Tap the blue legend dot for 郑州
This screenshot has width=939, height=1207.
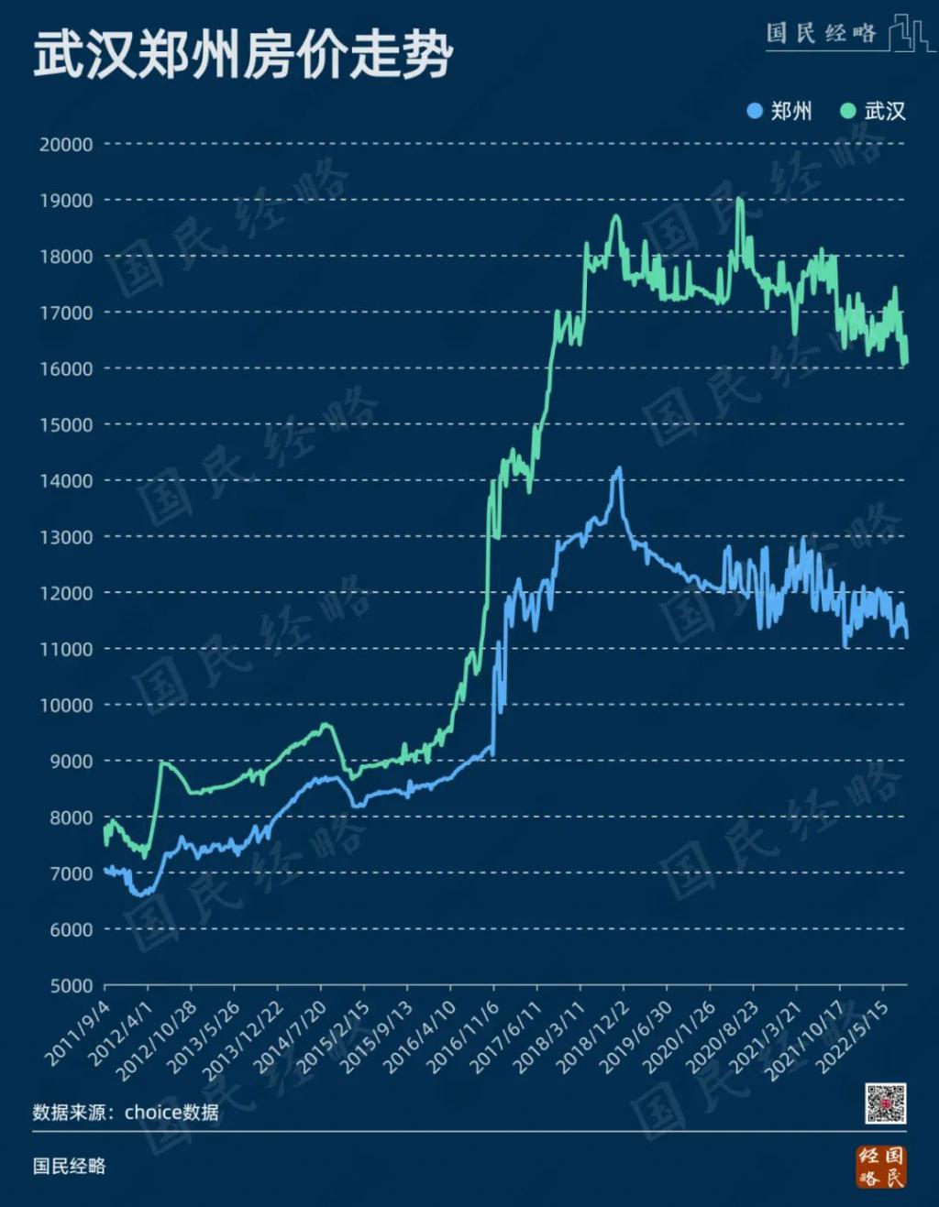point(755,112)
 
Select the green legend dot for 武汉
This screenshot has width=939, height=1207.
point(848,112)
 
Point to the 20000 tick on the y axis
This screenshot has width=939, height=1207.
point(66,145)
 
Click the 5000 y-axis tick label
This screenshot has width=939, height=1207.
point(71,986)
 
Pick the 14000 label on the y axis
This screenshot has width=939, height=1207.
point(66,481)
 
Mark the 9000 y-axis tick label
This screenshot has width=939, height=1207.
point(71,762)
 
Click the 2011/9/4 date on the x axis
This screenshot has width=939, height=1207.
point(77,1032)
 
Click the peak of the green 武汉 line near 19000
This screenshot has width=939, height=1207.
point(739,199)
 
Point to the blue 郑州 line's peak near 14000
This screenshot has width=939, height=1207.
point(620,468)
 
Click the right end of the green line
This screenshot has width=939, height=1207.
point(906,363)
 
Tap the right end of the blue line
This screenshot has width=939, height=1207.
point(907,635)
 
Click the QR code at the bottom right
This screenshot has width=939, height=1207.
point(886,1103)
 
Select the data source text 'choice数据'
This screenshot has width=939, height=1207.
point(171,1113)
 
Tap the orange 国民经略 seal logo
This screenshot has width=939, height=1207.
point(881,1166)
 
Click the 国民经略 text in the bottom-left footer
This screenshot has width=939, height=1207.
point(70,1166)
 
